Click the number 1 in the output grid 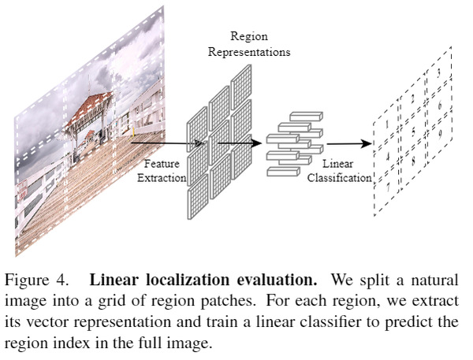(x=386, y=124)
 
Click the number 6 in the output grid (x=439, y=105)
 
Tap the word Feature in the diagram (x=163, y=165)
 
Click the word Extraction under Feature (x=163, y=178)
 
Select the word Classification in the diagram (x=340, y=178)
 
